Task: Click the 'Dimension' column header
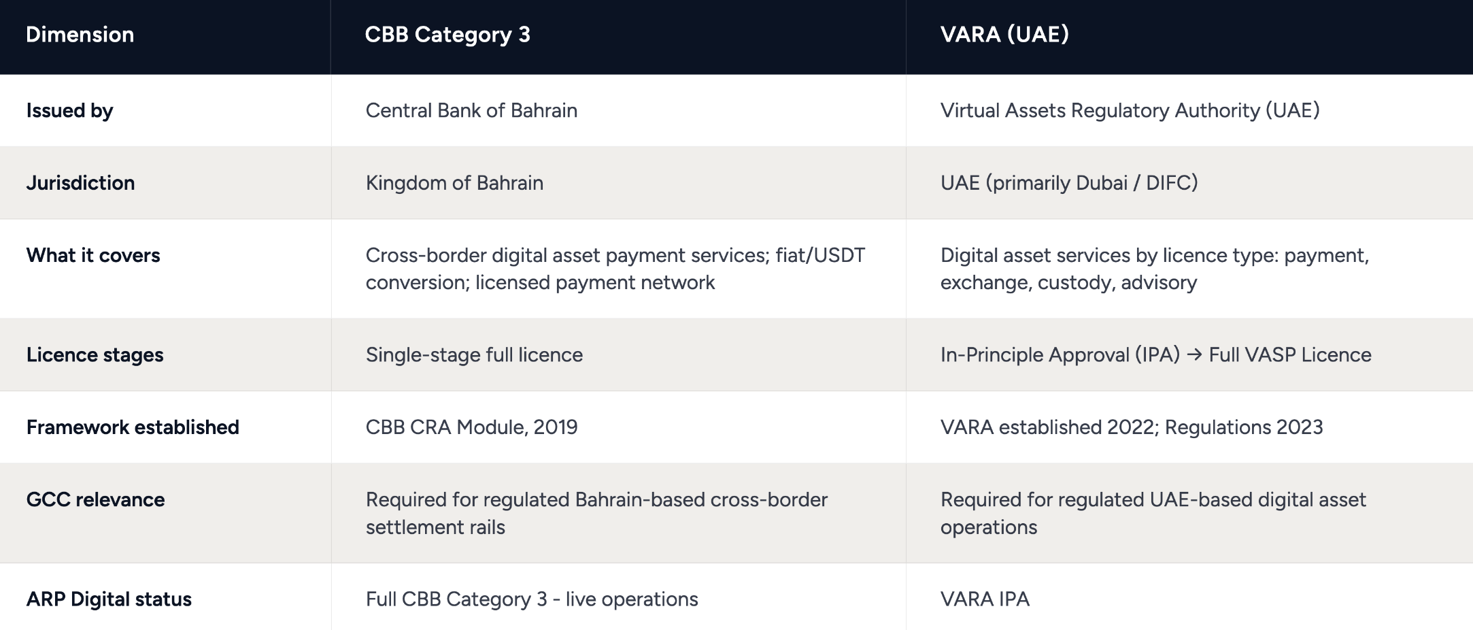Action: pyautogui.click(x=80, y=35)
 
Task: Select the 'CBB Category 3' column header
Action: pyautogui.click(x=447, y=35)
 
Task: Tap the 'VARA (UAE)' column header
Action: pyautogui.click(x=1004, y=34)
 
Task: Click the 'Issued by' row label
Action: pyautogui.click(x=69, y=111)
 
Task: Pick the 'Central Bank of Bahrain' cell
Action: pyautogui.click(x=471, y=110)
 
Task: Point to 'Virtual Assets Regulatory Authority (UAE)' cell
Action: pyautogui.click(x=1130, y=110)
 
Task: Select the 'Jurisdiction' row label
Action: pyautogui.click(x=80, y=183)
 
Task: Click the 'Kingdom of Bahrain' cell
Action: pyautogui.click(x=454, y=183)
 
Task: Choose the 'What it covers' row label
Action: pyautogui.click(x=93, y=255)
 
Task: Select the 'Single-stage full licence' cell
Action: pyautogui.click(x=474, y=354)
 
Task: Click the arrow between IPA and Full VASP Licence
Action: pyautogui.click(x=1194, y=355)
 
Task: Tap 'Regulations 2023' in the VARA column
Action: pyautogui.click(x=1244, y=427)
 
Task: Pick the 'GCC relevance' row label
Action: pyautogui.click(x=95, y=500)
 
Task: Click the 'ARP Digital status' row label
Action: pyautogui.click(x=109, y=599)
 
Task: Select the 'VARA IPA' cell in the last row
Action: pyautogui.click(x=985, y=599)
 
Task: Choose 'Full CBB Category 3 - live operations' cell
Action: pyautogui.click(x=532, y=599)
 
